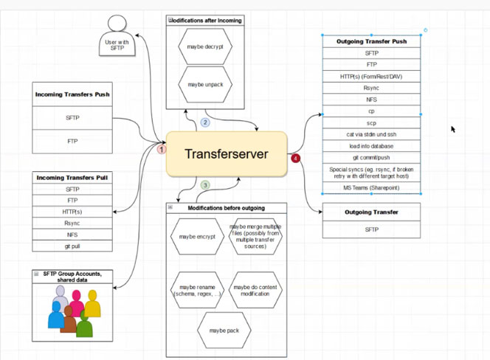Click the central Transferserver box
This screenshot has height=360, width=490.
pos(226,154)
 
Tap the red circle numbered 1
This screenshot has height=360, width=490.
pos(163,149)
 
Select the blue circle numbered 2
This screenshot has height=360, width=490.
pos(206,122)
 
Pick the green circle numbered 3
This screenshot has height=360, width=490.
pos(206,185)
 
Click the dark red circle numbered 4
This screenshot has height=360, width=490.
pos(295,158)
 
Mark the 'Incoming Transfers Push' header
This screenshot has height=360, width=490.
pos(72,94)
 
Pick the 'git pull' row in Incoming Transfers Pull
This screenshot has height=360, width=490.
pos(72,246)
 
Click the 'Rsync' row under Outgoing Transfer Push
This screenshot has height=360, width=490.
pos(371,87)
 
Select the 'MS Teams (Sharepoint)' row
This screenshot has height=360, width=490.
pos(371,188)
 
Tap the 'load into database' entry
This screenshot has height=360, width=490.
pos(371,145)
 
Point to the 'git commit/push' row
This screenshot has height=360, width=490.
pos(371,157)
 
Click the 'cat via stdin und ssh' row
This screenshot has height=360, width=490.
pos(371,134)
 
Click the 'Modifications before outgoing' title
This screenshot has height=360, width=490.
pos(226,208)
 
